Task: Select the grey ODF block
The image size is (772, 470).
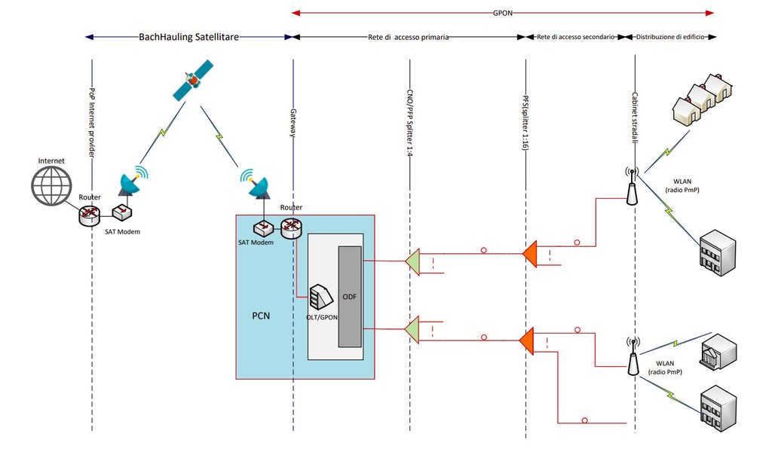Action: click(350, 296)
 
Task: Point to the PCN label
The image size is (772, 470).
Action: click(261, 316)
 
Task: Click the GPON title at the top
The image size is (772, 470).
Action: click(502, 12)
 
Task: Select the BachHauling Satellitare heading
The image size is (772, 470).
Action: click(188, 36)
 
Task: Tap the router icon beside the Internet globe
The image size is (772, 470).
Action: click(90, 216)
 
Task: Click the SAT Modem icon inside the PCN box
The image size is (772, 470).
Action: click(263, 227)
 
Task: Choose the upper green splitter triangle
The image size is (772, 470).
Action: click(412, 262)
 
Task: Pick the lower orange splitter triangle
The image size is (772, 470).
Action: click(528, 340)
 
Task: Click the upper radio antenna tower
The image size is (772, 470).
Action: click(631, 186)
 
